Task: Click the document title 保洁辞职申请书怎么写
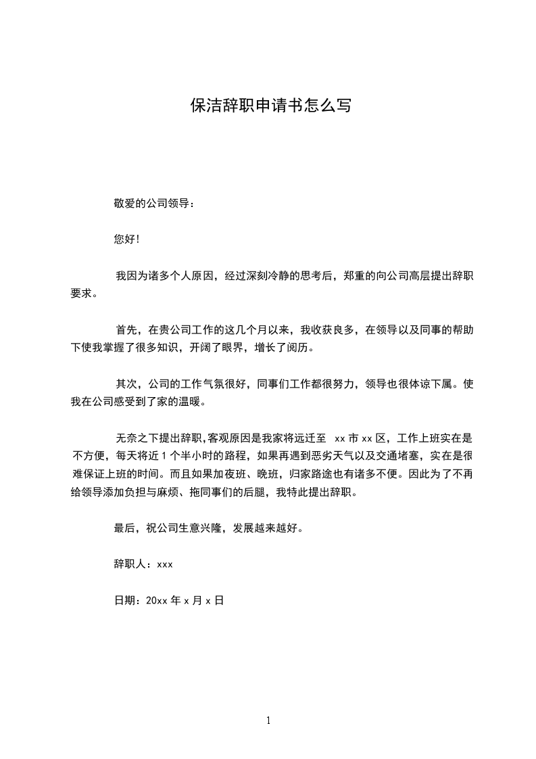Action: pyautogui.click(x=271, y=106)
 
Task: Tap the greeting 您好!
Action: pyautogui.click(x=126, y=239)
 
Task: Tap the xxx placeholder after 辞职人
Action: pyautogui.click(x=165, y=564)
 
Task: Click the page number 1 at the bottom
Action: pyautogui.click(x=268, y=720)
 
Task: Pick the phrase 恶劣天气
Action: pyautogui.click(x=333, y=456)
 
